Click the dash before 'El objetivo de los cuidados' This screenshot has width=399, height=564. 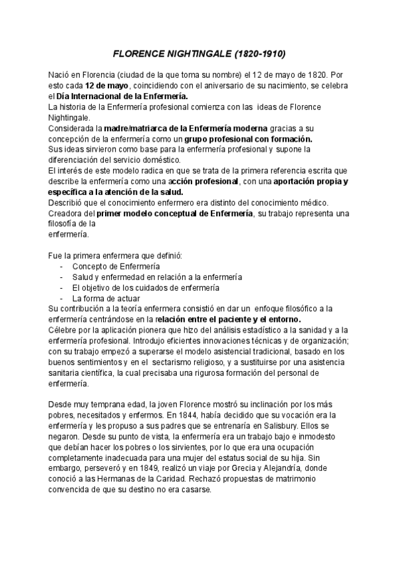pos(61,287)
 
